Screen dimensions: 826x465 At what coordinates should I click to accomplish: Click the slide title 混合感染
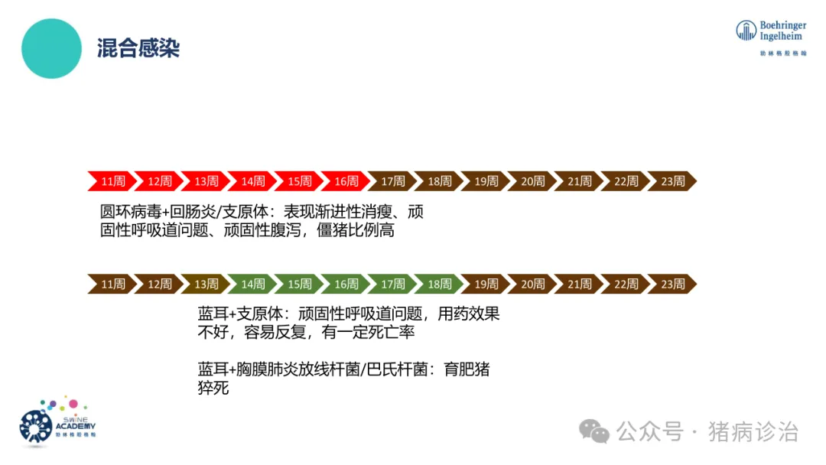138,49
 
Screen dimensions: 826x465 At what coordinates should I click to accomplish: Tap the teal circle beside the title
51,49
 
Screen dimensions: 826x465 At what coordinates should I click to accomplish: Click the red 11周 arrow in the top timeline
112,181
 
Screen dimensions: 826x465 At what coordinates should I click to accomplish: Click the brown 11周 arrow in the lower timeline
112,284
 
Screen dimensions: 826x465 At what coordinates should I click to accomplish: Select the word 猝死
213,389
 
